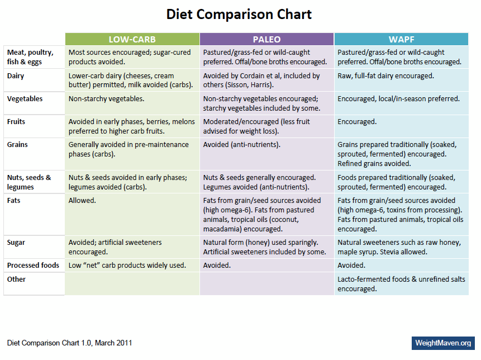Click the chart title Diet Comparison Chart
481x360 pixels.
(239, 15)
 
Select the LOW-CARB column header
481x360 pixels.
(132, 39)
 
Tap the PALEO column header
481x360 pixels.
(266, 39)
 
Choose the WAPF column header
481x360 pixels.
(401, 39)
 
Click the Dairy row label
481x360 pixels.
(16, 75)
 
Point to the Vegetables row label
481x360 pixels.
(24, 98)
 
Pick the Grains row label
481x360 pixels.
(17, 144)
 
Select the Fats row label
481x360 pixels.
(15, 200)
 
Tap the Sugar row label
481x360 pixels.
(16, 242)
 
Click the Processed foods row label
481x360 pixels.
(33, 265)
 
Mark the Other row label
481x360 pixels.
(16, 279)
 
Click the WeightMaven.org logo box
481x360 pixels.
(443, 343)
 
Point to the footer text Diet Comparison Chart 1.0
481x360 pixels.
(70, 343)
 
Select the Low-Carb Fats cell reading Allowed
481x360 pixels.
(82, 200)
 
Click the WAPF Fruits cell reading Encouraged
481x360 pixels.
(357, 121)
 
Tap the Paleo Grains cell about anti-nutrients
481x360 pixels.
(241, 144)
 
